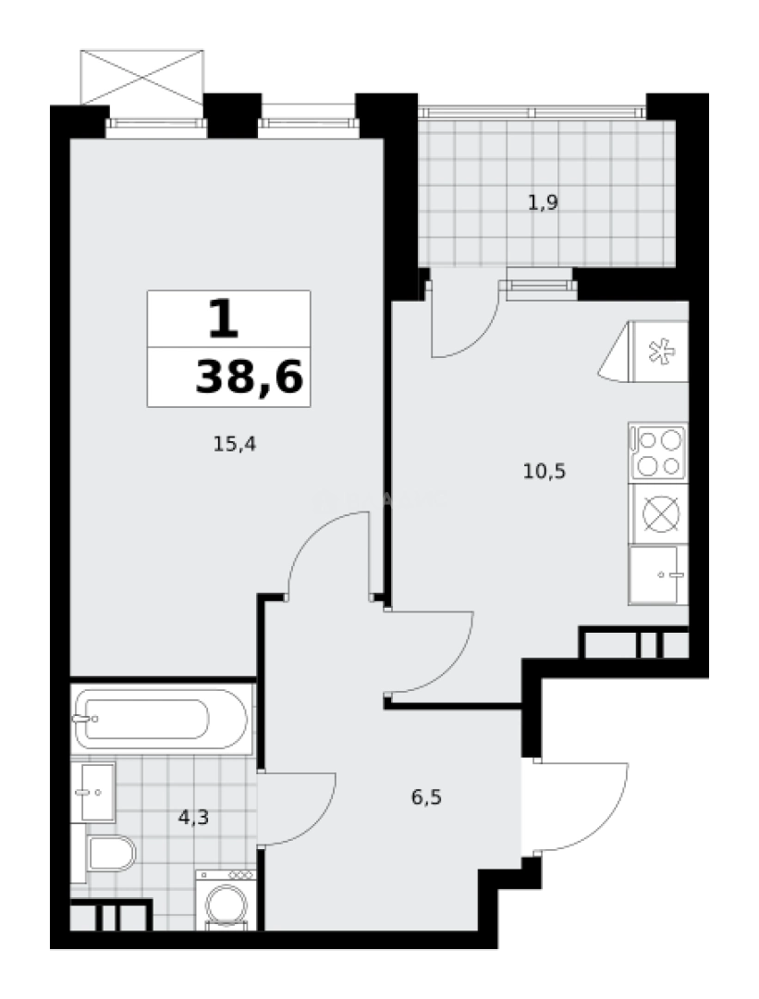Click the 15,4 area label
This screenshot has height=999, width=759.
point(234,444)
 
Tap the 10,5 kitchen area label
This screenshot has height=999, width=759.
point(544,471)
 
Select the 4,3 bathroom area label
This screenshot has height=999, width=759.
point(192,817)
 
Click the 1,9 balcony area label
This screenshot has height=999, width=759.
point(543,203)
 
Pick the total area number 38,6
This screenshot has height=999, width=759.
point(249,377)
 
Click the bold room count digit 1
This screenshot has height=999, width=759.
point(223,320)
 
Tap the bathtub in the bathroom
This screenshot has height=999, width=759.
point(161,719)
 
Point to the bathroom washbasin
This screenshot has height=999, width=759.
point(96,792)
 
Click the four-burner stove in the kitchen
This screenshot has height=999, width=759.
point(658,452)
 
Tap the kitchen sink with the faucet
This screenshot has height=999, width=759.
point(657,574)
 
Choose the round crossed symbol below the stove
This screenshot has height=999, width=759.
point(660,513)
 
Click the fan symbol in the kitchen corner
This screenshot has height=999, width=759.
point(660,351)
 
